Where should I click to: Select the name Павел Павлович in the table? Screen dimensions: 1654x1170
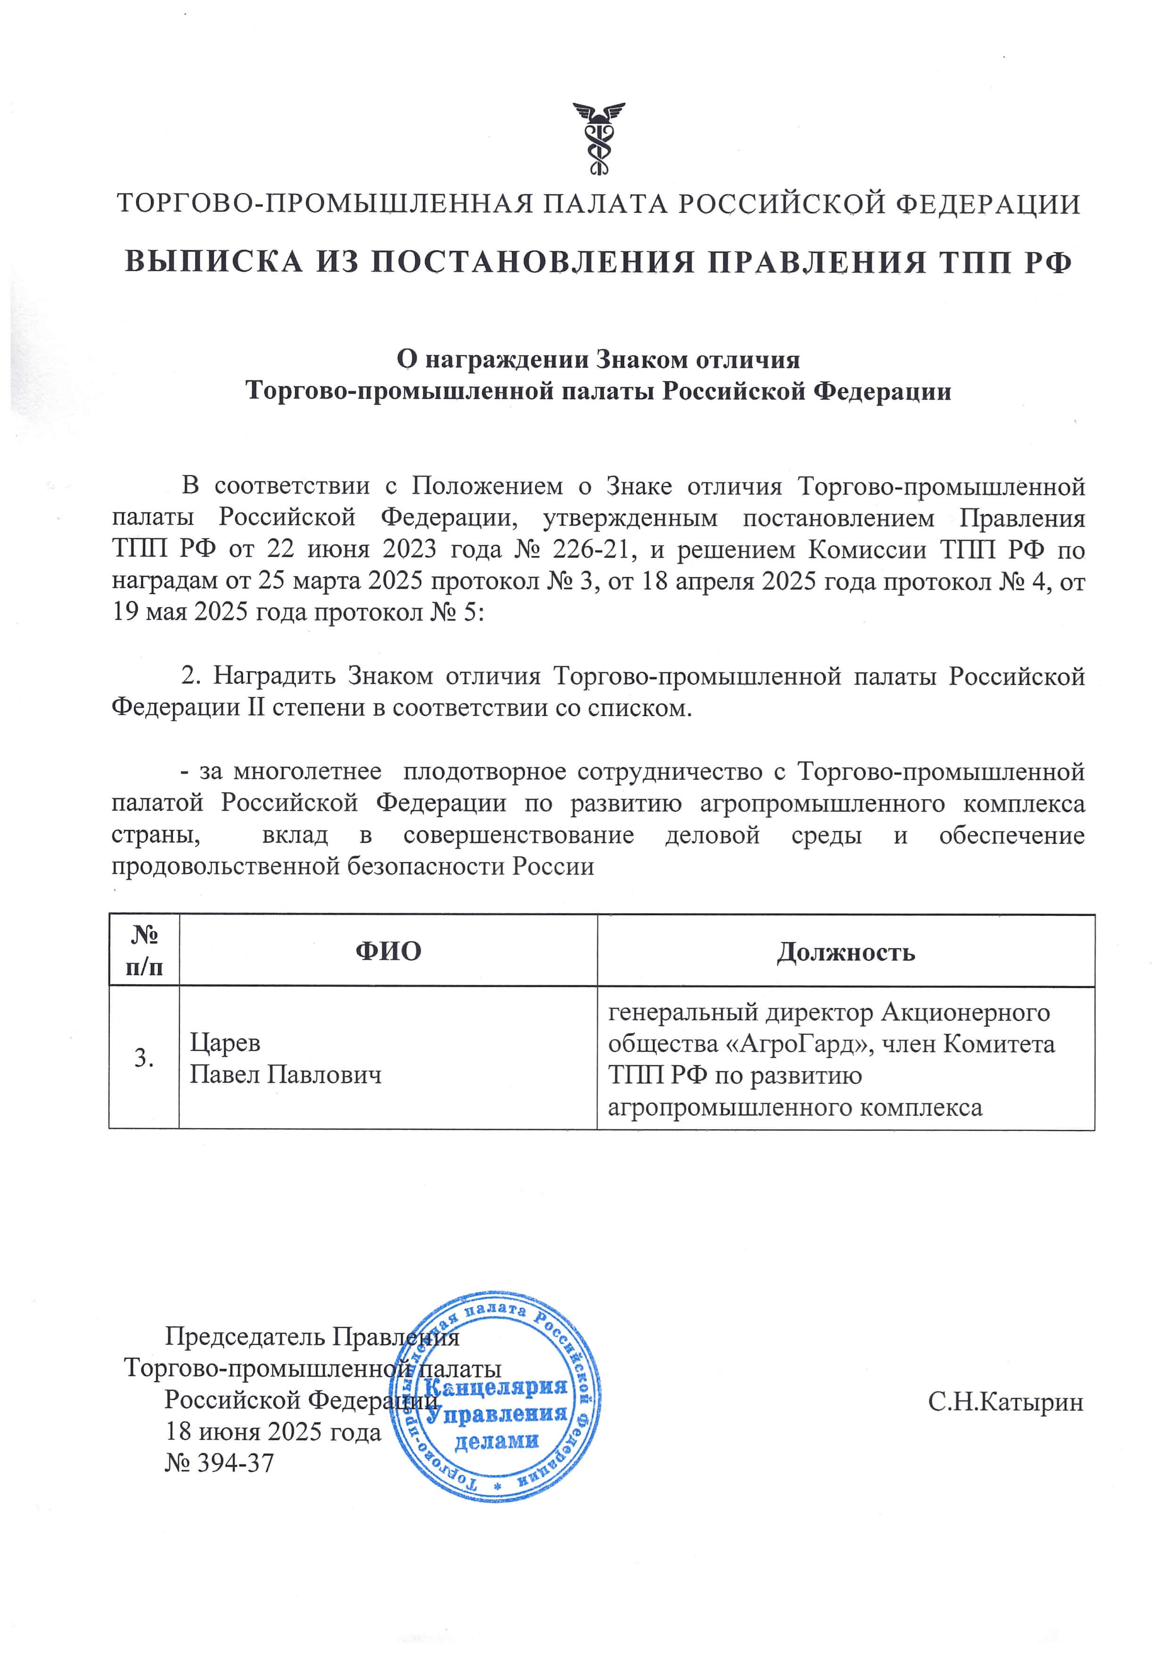pyautogui.click(x=285, y=1075)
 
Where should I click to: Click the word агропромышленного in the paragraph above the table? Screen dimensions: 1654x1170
pyautogui.click(x=822, y=803)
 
